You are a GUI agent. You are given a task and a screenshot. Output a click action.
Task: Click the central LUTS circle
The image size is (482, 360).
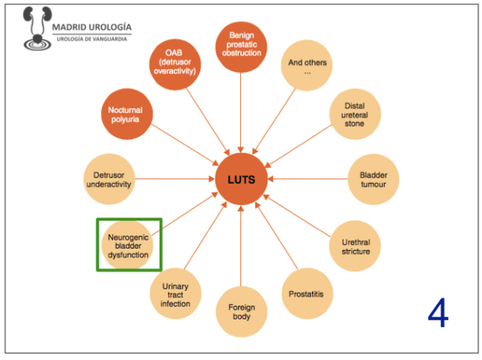pyautogui.click(x=241, y=179)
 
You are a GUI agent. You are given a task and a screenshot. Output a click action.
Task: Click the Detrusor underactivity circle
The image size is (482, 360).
pyautogui.click(x=108, y=179)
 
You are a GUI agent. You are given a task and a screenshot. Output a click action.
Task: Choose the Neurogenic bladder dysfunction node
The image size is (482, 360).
pyautogui.click(x=129, y=244)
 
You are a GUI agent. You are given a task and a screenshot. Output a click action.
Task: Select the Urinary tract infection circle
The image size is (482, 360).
pyautogui.click(x=175, y=294)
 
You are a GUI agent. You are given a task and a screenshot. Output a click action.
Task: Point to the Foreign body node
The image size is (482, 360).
pyautogui.click(x=241, y=312)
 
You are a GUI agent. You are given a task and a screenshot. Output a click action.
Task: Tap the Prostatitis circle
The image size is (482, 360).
pyautogui.click(x=307, y=294)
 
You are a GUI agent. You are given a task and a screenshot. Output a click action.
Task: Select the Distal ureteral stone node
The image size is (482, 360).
pyautogui.click(x=355, y=114)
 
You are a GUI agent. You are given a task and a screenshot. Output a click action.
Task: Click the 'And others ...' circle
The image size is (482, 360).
pyautogui.click(x=307, y=67)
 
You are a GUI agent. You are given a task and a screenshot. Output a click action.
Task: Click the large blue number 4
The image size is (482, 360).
pyautogui.click(x=438, y=313)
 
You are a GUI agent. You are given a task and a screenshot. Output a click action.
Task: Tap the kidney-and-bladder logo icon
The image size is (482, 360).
pyautogui.click(x=34, y=29)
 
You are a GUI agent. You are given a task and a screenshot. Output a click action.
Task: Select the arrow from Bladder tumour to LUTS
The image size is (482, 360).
pyautogui.click(x=309, y=179)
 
